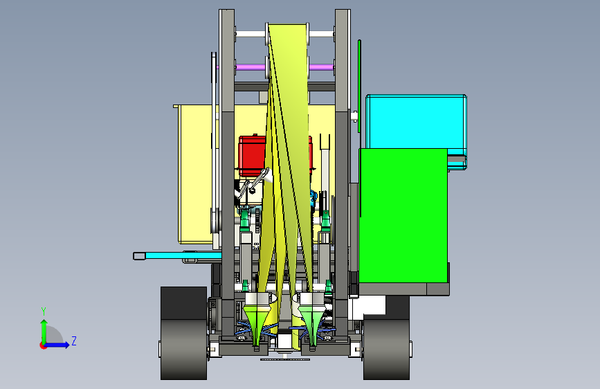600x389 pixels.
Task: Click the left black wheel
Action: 183,333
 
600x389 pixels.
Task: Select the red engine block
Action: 252,156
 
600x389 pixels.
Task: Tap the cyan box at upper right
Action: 416,122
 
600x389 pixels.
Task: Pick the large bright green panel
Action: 403,215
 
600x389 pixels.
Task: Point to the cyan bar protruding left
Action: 176,255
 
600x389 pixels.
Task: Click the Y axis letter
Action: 44,311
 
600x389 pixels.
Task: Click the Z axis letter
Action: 74,341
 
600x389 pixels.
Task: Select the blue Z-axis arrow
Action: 57,345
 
